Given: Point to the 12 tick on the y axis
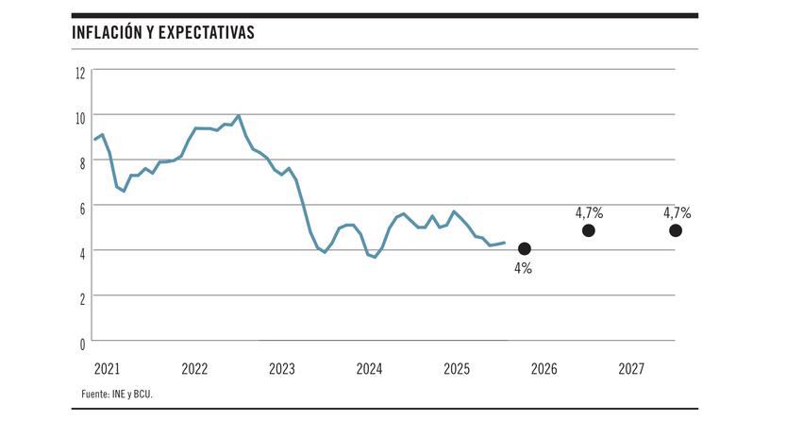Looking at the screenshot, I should (80, 72).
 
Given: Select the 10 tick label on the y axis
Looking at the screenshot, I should (80, 116).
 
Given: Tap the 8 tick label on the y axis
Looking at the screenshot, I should (82, 161).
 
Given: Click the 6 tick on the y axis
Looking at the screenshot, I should (82, 207).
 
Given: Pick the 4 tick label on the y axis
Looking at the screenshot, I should (82, 252).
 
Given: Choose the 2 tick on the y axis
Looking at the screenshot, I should (82, 296).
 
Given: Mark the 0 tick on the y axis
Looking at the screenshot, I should (82, 342).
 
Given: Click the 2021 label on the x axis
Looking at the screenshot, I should (108, 367).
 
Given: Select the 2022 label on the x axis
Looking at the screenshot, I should (194, 367).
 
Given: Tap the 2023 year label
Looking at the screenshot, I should (282, 367).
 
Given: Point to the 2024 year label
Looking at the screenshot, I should (369, 367).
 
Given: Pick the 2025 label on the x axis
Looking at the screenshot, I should (457, 367).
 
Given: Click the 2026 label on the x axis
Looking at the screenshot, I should (544, 367).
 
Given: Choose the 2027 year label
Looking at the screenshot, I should (630, 367).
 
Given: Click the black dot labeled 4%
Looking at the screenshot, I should (525, 249).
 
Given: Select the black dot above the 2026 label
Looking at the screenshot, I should (589, 230).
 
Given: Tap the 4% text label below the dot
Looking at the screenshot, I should (523, 269).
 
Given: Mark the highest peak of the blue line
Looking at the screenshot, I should (239, 116).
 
